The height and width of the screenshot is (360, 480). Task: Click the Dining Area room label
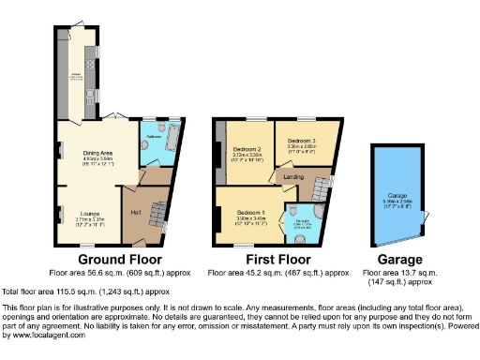tap(98, 153)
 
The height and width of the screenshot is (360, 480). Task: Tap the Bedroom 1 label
tap(250, 212)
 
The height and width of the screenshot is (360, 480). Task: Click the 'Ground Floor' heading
tap(119, 260)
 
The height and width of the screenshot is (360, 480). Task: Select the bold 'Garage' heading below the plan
tap(397, 260)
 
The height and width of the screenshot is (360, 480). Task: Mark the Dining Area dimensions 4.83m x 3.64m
tap(98, 159)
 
